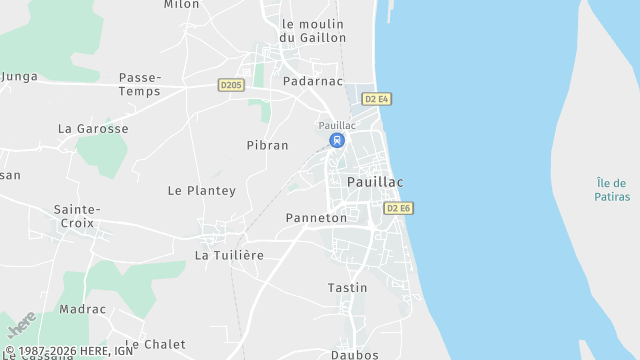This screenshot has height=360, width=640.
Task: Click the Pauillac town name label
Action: [375, 182]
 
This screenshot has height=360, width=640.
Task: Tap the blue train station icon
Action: [337, 140]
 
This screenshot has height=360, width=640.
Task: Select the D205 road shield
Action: [231, 85]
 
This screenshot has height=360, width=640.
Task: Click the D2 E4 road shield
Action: [376, 99]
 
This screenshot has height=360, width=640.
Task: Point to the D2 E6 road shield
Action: [398, 208]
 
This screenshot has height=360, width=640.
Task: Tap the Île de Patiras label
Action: [611, 189]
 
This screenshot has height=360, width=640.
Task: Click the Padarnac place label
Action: [313, 81]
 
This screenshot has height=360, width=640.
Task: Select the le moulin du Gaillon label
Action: [313, 30]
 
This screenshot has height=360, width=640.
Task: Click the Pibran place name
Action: [267, 145]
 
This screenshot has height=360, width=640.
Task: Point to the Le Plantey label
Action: [201, 190]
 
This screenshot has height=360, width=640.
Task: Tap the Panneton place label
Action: [316, 217]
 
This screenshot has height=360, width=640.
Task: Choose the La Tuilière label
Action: [229, 255]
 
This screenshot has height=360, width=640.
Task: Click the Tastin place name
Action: [347, 288]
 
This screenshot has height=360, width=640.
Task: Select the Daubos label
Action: [354, 354]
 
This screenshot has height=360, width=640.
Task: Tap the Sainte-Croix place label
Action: [77, 216]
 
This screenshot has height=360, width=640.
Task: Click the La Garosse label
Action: [93, 129]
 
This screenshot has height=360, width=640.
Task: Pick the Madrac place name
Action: [82, 310]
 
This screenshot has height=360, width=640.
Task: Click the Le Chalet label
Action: [155, 344]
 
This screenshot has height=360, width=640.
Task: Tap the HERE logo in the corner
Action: [21, 327]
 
